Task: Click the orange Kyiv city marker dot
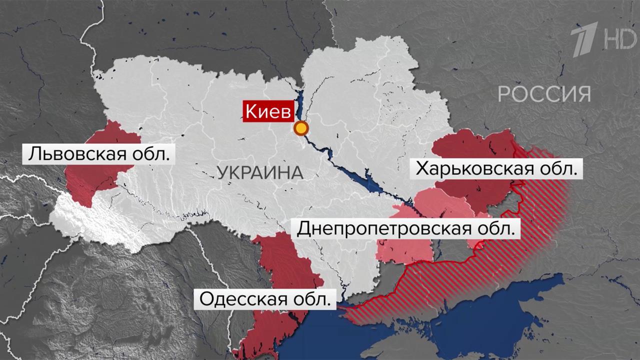pyautogui.click(x=300, y=128)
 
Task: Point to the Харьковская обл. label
pyautogui.click(x=496, y=168)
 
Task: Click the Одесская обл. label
pyautogui.click(x=265, y=300)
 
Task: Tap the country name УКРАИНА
pyautogui.click(x=260, y=173)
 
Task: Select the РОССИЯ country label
pyautogui.click(x=544, y=93)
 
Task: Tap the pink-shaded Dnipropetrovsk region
pyautogui.click(x=405, y=250)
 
